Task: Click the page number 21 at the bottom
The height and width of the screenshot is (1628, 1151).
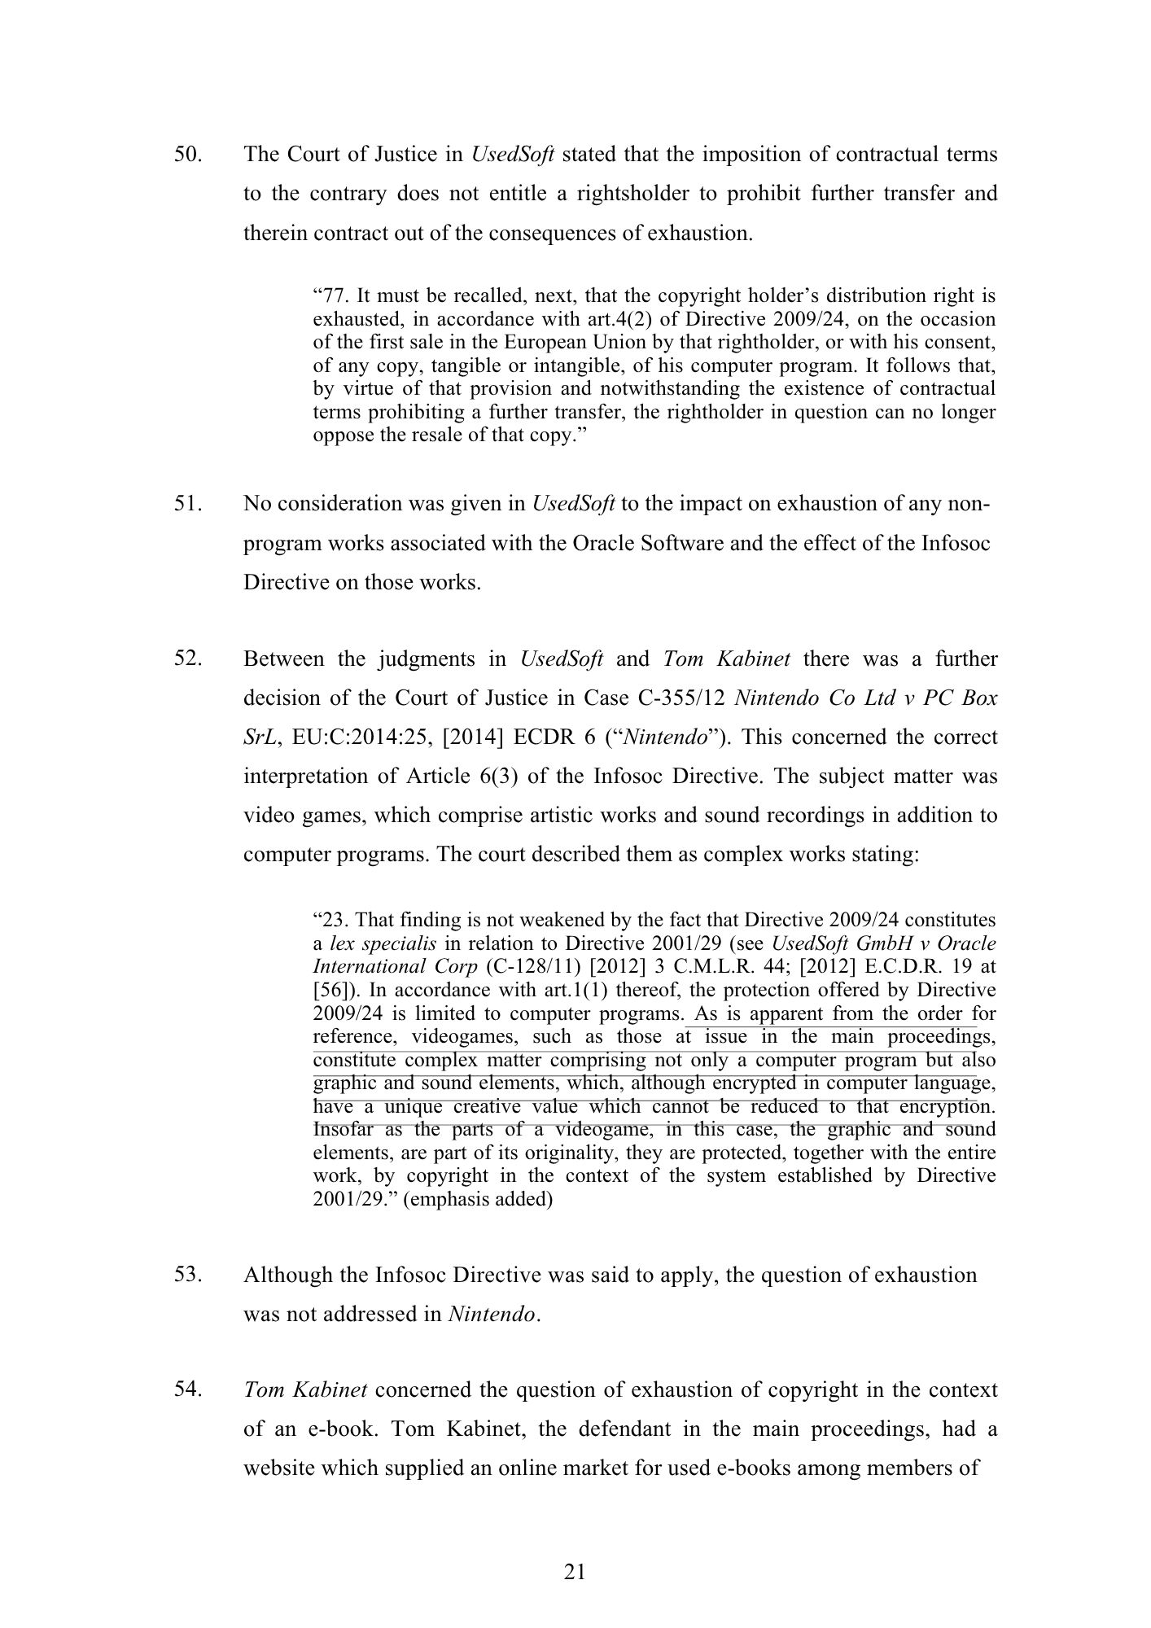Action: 575,1572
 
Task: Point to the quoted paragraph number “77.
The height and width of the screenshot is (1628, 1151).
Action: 330,295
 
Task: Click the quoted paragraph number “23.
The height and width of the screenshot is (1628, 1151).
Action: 330,920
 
